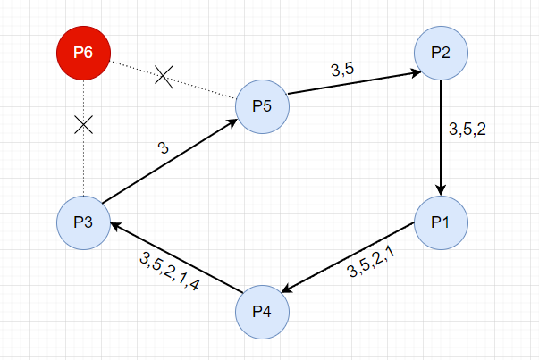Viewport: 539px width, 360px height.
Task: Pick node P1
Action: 440,221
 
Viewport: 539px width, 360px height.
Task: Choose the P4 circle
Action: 263,311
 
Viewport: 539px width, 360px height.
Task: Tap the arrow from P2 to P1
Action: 441,134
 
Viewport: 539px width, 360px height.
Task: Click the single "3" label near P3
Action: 162,148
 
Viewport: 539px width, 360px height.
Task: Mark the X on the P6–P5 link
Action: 163,75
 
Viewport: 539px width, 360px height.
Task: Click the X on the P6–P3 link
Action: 83,124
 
